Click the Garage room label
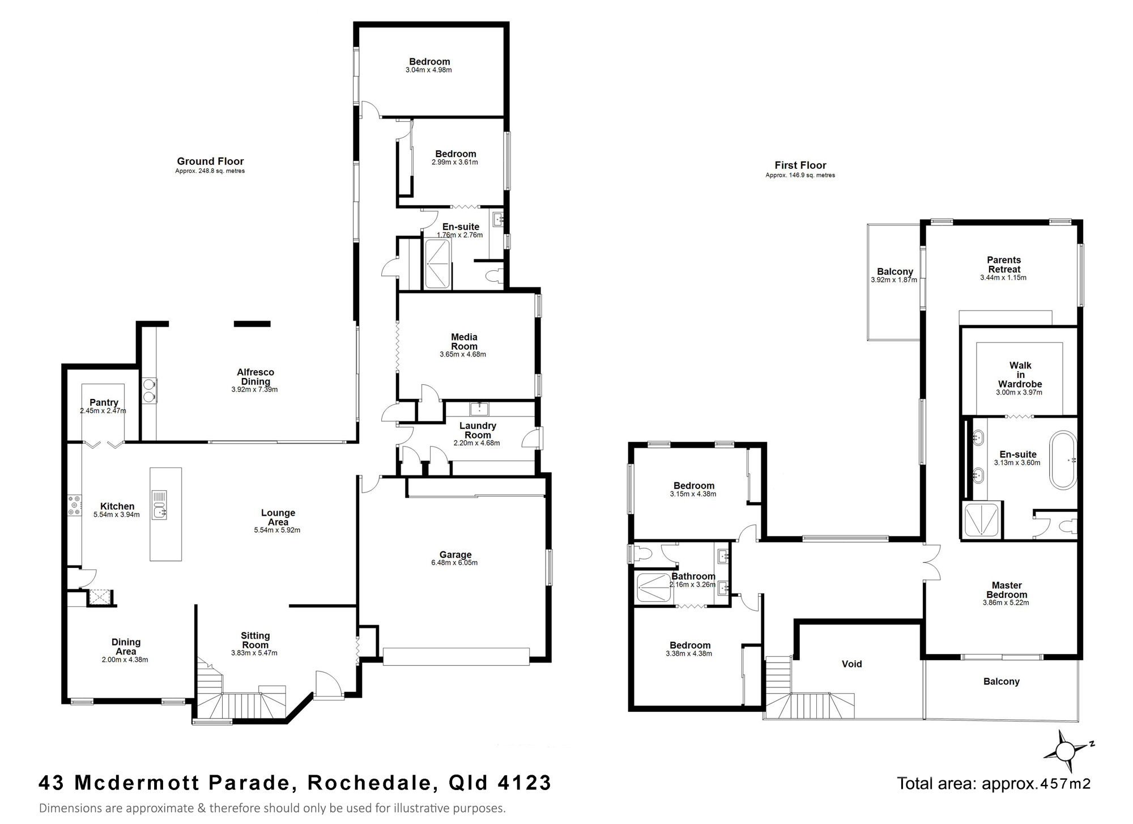point(455,555)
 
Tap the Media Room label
point(464,342)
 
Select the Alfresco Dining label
point(255,377)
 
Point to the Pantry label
point(104,402)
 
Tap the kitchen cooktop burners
point(75,506)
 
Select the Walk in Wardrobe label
point(1020,375)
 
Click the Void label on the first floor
point(852,664)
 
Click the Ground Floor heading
point(210,162)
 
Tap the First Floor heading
point(800,165)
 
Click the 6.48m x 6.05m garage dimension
point(454,563)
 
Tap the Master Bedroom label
point(1007,590)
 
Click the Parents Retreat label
point(1004,265)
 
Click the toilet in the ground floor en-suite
point(495,275)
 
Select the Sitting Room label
point(255,640)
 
